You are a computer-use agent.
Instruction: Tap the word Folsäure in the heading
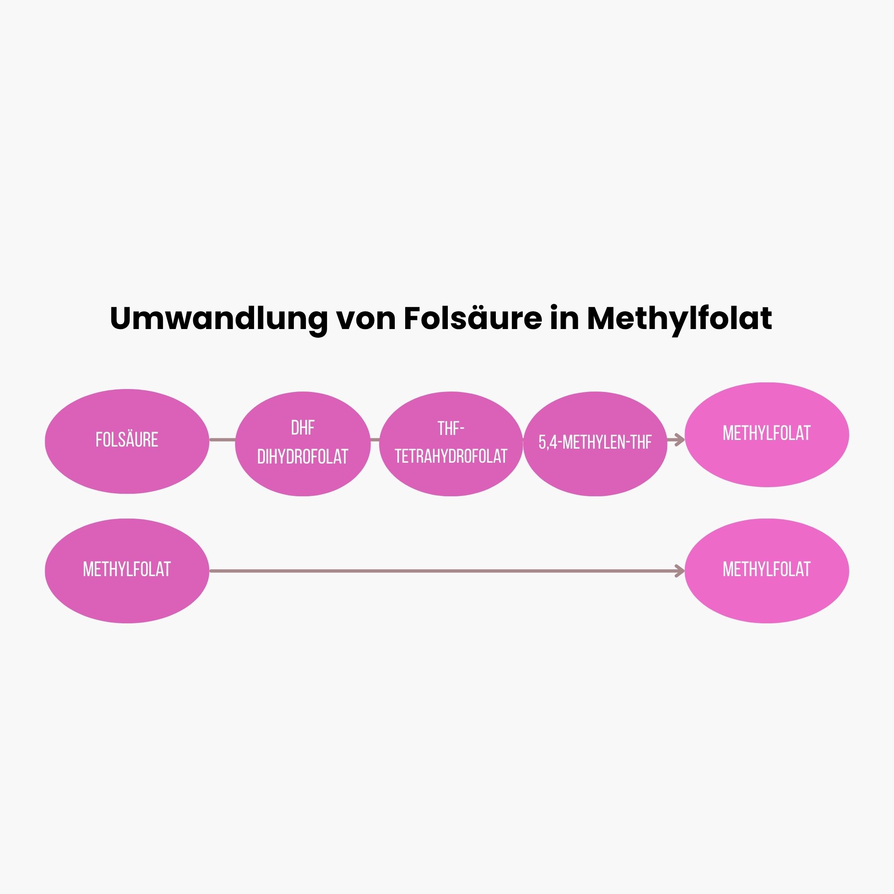(472, 318)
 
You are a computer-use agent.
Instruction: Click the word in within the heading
(565, 318)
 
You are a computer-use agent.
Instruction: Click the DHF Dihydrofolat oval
(303, 444)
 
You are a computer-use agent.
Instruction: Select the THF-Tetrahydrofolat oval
(451, 444)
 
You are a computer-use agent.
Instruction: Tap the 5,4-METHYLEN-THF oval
(595, 444)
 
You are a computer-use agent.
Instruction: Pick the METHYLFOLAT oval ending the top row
(767, 435)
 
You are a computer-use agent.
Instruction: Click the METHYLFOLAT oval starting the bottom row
(127, 571)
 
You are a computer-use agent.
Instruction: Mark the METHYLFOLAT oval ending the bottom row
(767, 571)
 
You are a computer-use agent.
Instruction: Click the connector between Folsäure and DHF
(223, 440)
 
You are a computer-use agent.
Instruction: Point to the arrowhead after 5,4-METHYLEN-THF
(679, 440)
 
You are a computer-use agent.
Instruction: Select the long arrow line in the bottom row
(447, 571)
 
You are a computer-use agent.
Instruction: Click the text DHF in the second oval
(303, 428)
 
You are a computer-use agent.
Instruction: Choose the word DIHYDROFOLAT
(303, 457)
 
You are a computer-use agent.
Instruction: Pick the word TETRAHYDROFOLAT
(451, 456)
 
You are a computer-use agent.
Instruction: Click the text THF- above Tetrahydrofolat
(451, 428)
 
